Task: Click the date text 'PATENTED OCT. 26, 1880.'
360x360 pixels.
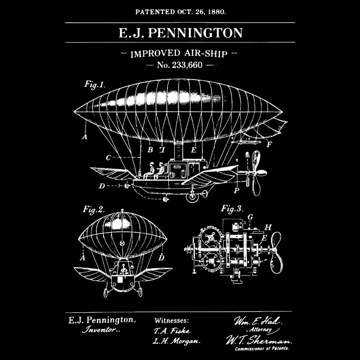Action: tap(180, 11)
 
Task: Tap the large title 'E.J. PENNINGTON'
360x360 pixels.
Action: tap(180, 33)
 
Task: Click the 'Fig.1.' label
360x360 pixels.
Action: tap(94, 84)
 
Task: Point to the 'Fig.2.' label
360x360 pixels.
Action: tap(94, 209)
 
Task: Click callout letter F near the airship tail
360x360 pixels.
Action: tap(269, 144)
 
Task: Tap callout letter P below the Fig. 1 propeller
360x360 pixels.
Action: tap(236, 190)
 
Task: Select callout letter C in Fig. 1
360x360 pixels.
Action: tap(108, 158)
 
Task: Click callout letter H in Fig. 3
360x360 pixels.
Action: tap(268, 227)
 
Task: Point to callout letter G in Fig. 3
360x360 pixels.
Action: tap(250, 217)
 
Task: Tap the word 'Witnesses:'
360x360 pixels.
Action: tap(172, 320)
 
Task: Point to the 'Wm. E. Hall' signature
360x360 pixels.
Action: tap(257, 322)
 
